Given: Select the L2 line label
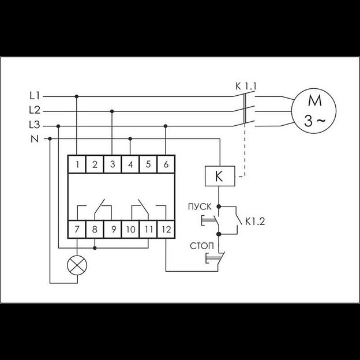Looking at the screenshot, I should pyautogui.click(x=34, y=109).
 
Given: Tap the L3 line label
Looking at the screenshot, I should pyautogui.click(x=34, y=125).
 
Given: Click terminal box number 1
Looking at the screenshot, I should pyautogui.click(x=77, y=164).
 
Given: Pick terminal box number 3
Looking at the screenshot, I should pyautogui.click(x=112, y=164).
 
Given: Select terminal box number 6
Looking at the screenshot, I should pyautogui.click(x=166, y=164).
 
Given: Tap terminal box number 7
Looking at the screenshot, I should pyautogui.click(x=77, y=230).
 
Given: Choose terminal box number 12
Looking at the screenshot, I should pyautogui.click(x=166, y=230).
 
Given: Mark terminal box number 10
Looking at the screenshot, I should pyautogui.click(x=130, y=230).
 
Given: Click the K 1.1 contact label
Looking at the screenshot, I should pyautogui.click(x=246, y=87).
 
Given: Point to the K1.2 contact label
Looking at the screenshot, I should pyautogui.click(x=255, y=221).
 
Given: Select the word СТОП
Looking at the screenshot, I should pyautogui.click(x=201, y=246).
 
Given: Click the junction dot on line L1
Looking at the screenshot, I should pyautogui.click(x=77, y=96).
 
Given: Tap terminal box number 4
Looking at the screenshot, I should pyautogui.click(x=130, y=164).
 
